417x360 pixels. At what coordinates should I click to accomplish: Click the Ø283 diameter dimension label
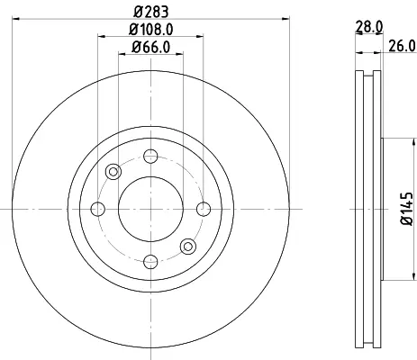coord(151,12)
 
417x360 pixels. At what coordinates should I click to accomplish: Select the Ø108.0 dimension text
coord(151,30)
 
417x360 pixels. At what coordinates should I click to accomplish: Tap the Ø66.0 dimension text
coord(151,47)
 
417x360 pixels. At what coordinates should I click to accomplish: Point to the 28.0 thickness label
coord(369,27)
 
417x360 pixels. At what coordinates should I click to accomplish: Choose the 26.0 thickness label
coord(403,46)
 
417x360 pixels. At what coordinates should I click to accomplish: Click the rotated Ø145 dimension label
coord(407,209)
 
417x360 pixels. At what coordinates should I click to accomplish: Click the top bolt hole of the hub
coord(150,156)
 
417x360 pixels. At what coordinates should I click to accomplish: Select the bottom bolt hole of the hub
coord(150,262)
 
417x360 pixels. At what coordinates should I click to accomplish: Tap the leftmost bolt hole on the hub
coord(98,209)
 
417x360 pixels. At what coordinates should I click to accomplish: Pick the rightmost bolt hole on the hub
coord(204,209)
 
